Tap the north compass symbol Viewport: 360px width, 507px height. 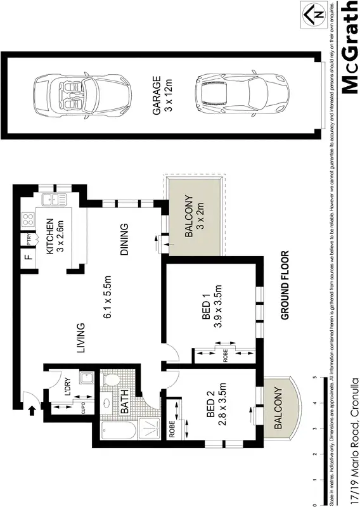[314, 12]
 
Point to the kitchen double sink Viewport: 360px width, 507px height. [55, 200]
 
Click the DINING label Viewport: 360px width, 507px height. [124, 238]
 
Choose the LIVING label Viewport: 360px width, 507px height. [80, 336]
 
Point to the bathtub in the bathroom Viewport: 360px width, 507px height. [119, 433]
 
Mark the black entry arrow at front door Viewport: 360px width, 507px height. [32, 411]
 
